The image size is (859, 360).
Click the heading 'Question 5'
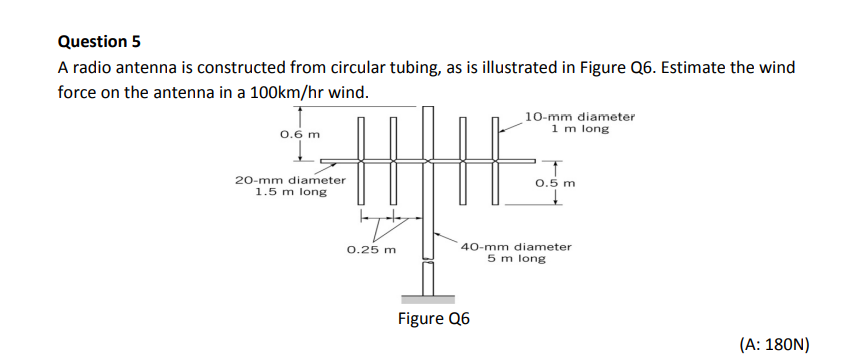99,41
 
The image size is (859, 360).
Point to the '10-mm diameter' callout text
579,116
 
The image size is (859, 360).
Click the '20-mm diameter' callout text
290,180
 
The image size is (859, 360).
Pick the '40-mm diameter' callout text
516,245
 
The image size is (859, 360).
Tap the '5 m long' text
516,258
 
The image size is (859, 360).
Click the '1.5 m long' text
290,192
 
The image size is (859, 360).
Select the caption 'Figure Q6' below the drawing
433,319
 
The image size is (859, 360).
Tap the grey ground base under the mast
428,297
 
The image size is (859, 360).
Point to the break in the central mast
428,261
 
